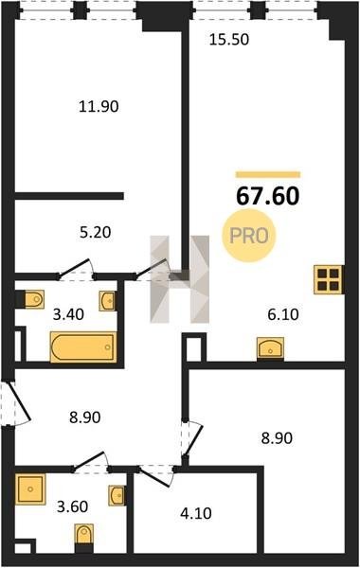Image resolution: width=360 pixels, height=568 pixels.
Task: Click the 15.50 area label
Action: (229, 40)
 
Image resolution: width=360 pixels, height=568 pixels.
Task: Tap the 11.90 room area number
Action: (99, 106)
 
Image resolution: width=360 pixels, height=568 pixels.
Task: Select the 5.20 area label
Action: (96, 232)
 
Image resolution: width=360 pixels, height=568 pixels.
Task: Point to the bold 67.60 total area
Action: (267, 196)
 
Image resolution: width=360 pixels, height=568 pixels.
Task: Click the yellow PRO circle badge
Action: (249, 236)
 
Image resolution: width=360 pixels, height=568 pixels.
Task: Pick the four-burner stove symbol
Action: (329, 279)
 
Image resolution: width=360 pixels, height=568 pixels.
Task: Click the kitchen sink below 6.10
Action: (270, 347)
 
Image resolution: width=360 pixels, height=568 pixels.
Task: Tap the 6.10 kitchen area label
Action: (283, 314)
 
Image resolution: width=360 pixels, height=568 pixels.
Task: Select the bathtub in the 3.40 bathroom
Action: (83, 347)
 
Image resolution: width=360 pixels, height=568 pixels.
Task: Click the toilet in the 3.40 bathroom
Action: (34, 299)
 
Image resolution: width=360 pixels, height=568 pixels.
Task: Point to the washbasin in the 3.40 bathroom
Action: (107, 300)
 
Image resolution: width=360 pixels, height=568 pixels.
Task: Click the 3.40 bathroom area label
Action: (68, 314)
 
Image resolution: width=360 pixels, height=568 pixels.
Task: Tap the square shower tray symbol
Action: (30, 489)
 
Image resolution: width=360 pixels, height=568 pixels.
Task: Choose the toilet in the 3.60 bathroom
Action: (84, 534)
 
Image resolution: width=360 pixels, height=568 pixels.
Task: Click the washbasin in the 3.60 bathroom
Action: (117, 495)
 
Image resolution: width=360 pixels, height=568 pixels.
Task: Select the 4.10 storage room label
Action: (196, 513)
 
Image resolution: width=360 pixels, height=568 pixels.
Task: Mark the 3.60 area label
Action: (73, 506)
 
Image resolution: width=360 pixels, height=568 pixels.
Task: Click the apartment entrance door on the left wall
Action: (17, 403)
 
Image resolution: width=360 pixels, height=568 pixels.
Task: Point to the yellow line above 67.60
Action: (268, 174)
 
